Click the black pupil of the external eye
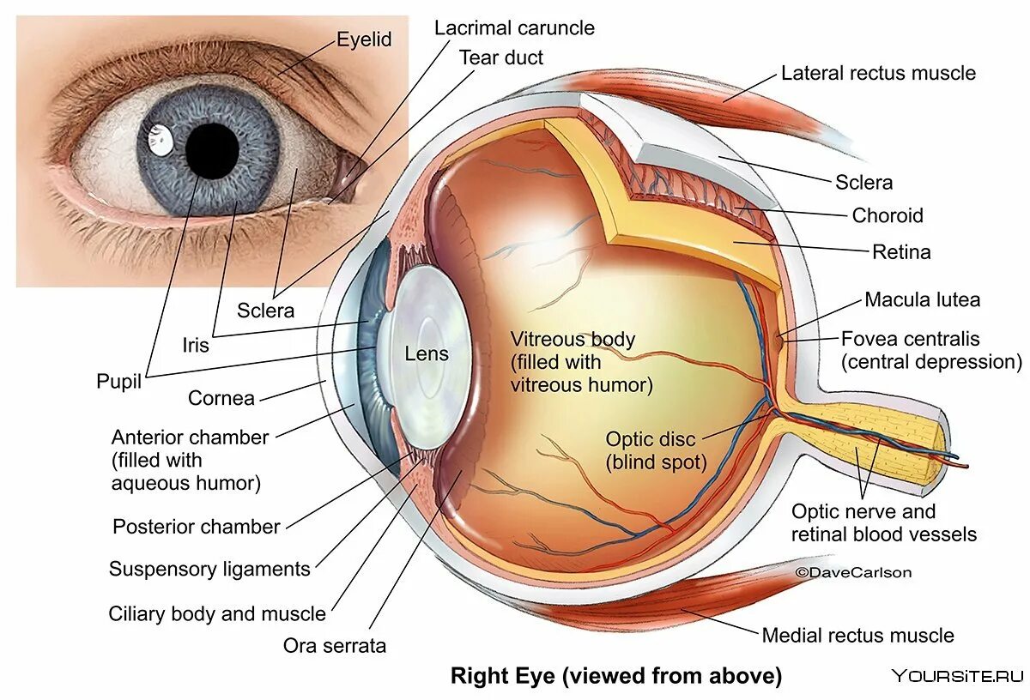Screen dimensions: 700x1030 [212, 150]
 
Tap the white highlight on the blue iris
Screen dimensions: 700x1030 [159, 141]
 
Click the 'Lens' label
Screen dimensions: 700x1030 [427, 353]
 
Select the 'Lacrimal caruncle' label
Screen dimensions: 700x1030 [514, 27]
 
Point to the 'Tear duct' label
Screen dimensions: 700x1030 [501, 57]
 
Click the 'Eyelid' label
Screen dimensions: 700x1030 [364, 39]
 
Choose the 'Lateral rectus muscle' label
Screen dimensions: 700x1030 [878, 73]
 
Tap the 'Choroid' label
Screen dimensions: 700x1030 [888, 215]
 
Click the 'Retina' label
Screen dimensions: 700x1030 [901, 252]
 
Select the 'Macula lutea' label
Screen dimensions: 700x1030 [922, 299]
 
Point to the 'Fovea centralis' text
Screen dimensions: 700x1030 [910, 339]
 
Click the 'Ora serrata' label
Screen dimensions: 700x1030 [335, 645]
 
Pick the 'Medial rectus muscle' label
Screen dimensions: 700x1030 [857, 636]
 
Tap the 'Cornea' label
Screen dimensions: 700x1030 [221, 398]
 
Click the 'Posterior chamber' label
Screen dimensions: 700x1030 [197, 527]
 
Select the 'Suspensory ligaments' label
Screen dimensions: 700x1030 [209, 569]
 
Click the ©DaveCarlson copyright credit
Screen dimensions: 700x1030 [853, 572]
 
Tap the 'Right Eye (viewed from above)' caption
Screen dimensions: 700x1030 [616, 676]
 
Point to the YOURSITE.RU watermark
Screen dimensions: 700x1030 [958, 676]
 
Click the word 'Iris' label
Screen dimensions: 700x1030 [196, 345]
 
